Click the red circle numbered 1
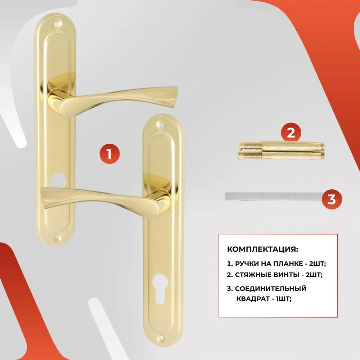(109, 154)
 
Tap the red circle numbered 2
(291, 132)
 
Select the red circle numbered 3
(332, 199)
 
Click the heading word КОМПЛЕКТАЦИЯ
(263, 249)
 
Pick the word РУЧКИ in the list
(246, 264)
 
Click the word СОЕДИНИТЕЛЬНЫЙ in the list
(271, 288)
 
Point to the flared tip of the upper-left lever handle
(173, 96)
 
